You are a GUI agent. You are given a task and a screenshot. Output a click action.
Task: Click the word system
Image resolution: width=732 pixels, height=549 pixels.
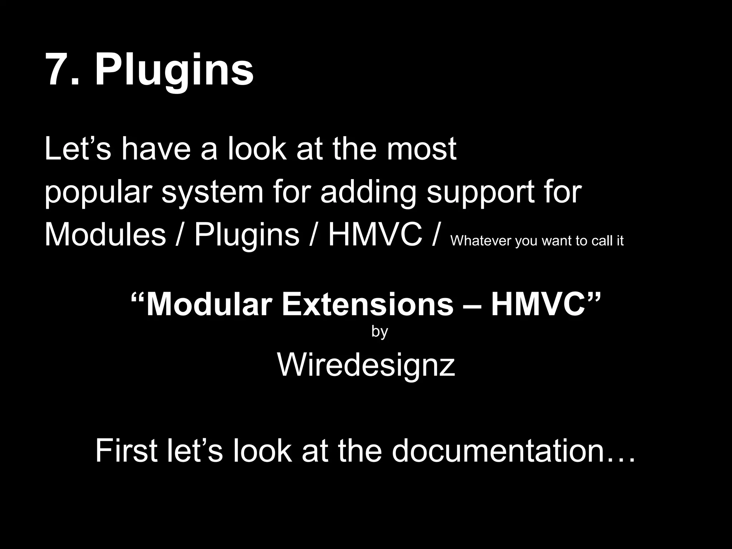pyautogui.click(x=212, y=193)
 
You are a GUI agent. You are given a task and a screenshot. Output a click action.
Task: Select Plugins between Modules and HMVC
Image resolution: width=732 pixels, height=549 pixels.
pyautogui.click(x=247, y=236)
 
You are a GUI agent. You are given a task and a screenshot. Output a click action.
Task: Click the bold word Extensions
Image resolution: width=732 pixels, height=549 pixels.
pyautogui.click(x=367, y=305)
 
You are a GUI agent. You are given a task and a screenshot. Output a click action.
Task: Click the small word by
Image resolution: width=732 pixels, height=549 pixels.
pyautogui.click(x=380, y=332)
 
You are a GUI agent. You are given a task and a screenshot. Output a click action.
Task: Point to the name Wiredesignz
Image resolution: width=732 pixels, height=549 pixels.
pyautogui.click(x=366, y=365)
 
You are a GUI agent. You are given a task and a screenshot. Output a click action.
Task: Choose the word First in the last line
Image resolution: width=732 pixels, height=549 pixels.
pyautogui.click(x=127, y=451)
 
